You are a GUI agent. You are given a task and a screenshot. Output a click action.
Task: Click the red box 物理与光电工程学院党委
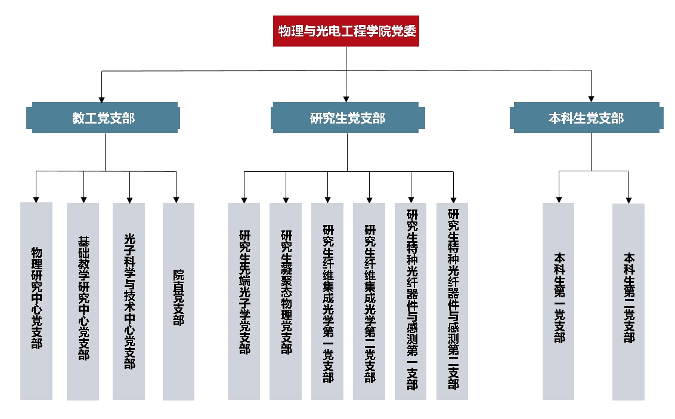coord(346,31)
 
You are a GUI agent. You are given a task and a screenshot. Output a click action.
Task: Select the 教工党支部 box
coord(104,118)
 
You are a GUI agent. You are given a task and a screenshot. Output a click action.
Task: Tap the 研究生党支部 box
coord(348,118)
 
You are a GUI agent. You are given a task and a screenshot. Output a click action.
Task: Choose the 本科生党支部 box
coord(587,118)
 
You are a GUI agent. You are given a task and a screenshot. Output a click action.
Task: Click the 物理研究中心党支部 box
coord(36,301)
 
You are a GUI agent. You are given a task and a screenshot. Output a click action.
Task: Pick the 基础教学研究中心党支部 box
coord(83,301)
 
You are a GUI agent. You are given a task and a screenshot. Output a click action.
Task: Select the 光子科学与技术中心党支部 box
coord(129,301)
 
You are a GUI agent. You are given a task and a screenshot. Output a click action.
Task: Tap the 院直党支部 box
coord(178,301)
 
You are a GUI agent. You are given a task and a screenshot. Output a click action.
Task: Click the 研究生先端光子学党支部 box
coord(244,301)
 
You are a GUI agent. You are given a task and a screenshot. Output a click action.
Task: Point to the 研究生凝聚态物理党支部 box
coord(286,301)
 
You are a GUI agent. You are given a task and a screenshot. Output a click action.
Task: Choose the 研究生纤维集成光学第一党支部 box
coord(327,301)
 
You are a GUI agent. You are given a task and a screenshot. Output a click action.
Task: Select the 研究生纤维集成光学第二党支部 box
coord(369,301)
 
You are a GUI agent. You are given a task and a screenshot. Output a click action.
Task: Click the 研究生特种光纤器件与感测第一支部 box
coord(411,301)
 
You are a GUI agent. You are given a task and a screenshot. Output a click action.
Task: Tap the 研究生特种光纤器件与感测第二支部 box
coord(453,301)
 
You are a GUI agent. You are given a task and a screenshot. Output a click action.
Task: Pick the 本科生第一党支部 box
coord(559,301)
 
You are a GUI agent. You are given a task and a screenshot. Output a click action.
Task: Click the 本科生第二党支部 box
coord(628,301)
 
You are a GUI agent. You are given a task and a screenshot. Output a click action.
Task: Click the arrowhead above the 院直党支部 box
coord(177,199)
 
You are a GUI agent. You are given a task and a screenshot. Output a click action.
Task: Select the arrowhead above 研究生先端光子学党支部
coord(244,199)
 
